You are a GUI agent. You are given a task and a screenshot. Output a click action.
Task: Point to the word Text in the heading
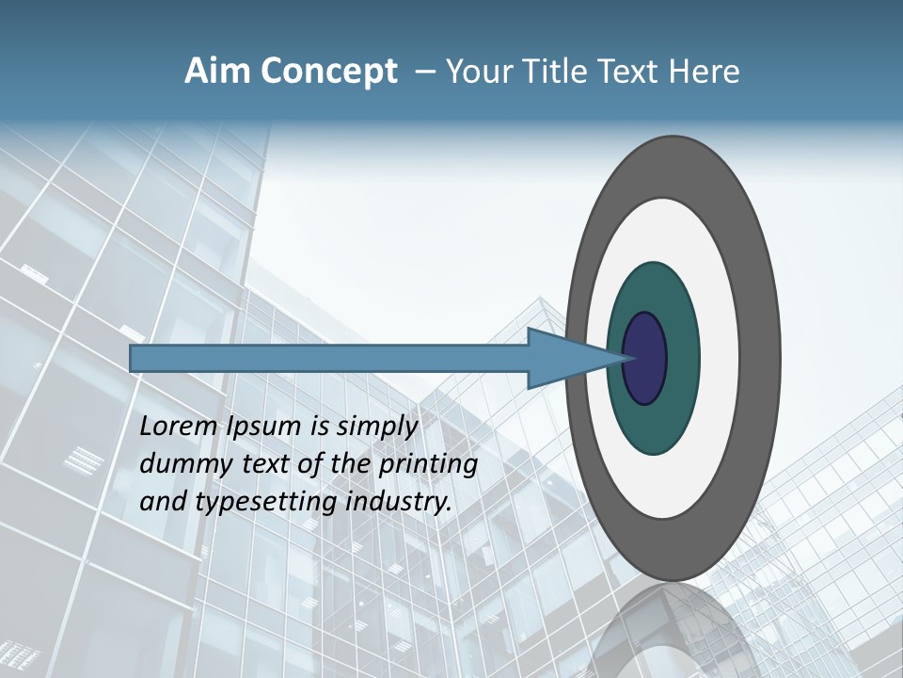coord(629,72)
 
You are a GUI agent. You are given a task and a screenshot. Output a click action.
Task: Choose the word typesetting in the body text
coord(267,503)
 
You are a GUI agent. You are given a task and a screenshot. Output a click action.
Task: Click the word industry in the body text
coord(399,502)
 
